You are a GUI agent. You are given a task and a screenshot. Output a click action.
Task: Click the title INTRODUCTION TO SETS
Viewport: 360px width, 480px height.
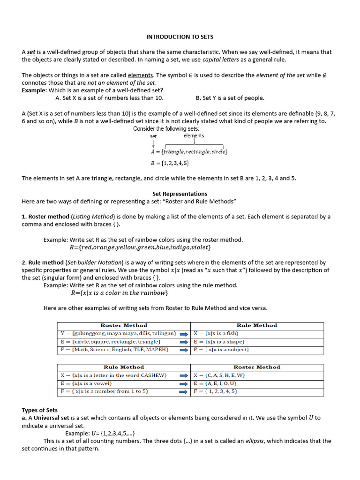pyautogui.click(x=180, y=37)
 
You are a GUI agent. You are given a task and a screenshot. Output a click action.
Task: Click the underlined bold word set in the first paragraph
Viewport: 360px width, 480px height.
pyautogui.click(x=31, y=52)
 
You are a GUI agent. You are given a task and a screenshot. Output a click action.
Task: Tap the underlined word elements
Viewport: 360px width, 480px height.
pyautogui.click(x=141, y=75)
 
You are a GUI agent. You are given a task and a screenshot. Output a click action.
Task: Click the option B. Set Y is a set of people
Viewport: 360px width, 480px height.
pyautogui.click(x=230, y=98)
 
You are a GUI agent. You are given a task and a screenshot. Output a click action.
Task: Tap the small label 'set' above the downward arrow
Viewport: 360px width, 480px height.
pyautogui.click(x=153, y=136)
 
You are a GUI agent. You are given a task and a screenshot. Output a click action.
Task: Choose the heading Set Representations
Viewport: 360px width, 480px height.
pyautogui.click(x=180, y=194)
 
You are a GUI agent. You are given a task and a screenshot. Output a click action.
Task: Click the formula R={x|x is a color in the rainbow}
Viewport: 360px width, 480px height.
pyautogui.click(x=119, y=293)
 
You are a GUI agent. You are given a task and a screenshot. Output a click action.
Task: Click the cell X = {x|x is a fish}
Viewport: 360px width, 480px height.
pyautogui.click(x=216, y=334)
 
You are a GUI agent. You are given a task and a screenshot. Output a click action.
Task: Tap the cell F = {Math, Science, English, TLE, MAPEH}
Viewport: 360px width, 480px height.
pyautogui.click(x=114, y=350)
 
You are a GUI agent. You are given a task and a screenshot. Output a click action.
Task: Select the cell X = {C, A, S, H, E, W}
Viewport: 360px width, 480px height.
pyautogui.click(x=219, y=375)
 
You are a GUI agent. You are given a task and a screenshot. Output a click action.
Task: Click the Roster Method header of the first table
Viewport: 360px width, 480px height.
pyautogui.click(x=124, y=325)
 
